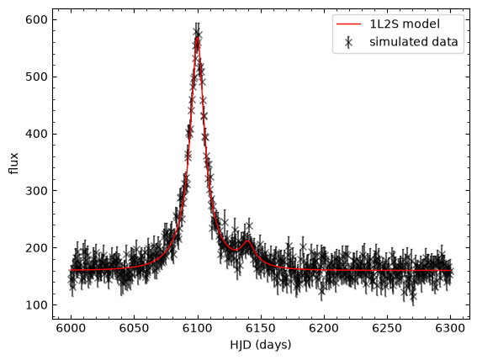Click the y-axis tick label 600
36,20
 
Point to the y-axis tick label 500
36,77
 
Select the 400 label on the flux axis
36,134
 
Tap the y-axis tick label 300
36,191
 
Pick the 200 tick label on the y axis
36,248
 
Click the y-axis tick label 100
36,305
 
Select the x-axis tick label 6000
72,329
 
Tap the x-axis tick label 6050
134,329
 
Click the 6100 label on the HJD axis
198,329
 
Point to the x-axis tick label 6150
261,329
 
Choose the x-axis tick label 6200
324,329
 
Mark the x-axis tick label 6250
387,329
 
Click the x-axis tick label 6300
450,329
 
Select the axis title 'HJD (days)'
261,345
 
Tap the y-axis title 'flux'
14,163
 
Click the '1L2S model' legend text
405,24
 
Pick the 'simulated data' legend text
414,42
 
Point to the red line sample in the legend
348,24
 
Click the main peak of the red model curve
198,37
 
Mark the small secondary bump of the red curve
247,241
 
